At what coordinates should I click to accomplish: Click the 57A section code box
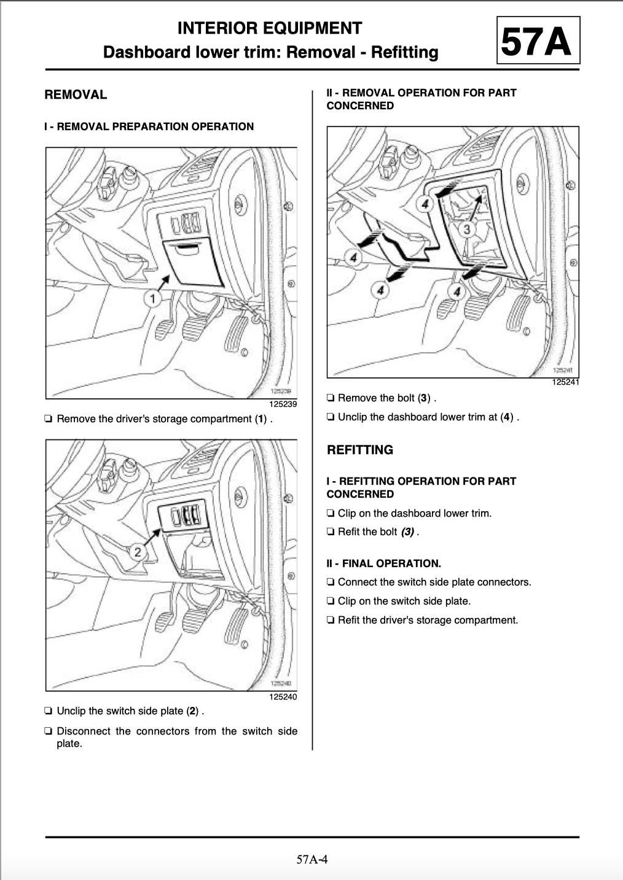pos(538,40)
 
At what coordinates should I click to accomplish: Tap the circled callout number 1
pos(152,299)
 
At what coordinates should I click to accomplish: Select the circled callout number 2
pos(138,552)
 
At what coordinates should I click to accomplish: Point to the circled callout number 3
pos(467,229)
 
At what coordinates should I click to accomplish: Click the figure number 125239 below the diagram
pos(283,404)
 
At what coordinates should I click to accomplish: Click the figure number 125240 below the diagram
pos(283,697)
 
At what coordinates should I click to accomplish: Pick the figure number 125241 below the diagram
pos(565,382)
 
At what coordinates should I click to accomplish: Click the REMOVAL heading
pos(76,95)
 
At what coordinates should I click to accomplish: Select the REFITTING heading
pos(360,449)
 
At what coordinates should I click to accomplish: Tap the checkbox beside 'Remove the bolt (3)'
pos(331,398)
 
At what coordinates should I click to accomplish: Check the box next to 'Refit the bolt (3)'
pos(331,532)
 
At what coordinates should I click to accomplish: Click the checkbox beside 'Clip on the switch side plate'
pos(331,601)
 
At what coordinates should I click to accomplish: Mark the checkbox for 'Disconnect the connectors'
pos(49,731)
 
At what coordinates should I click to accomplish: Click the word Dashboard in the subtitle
pos(146,52)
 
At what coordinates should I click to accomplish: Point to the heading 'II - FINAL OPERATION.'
pos(383,563)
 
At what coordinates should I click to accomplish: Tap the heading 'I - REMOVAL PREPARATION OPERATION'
pos(149,126)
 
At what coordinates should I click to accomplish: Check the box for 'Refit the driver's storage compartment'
pos(331,620)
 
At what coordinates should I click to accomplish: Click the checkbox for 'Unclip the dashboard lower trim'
pos(331,417)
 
